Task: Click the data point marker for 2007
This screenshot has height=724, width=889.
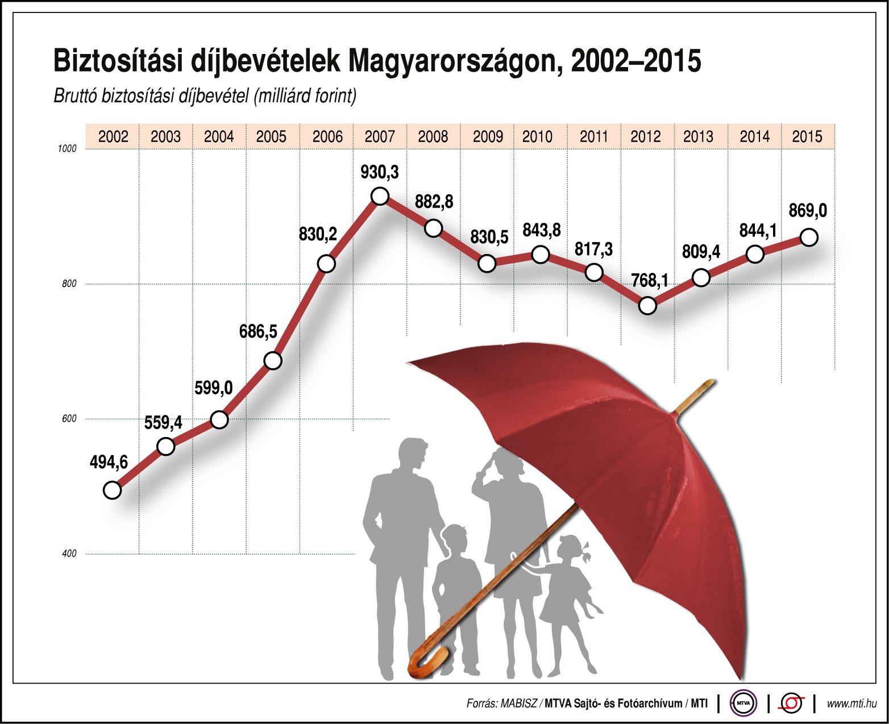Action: click(380, 196)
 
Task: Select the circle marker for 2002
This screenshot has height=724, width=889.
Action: click(113, 490)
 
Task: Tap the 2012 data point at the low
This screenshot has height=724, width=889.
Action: click(647, 306)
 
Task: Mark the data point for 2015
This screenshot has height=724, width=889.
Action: click(809, 237)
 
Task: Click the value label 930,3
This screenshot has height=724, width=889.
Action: click(380, 172)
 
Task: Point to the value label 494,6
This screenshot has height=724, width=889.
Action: click(109, 463)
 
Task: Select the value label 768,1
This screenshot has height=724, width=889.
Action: click(650, 280)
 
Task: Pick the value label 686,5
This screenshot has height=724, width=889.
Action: click(258, 331)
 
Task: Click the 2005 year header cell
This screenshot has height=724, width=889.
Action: click(272, 137)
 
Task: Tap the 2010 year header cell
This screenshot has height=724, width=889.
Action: click(538, 137)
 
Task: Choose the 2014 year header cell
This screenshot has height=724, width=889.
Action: click(754, 137)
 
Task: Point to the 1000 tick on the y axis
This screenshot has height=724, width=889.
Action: click(67, 149)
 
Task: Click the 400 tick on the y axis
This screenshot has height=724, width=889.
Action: click(69, 554)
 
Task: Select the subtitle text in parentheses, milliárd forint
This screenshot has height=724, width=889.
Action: click(305, 96)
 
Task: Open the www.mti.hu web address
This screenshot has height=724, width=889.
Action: click(851, 704)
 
